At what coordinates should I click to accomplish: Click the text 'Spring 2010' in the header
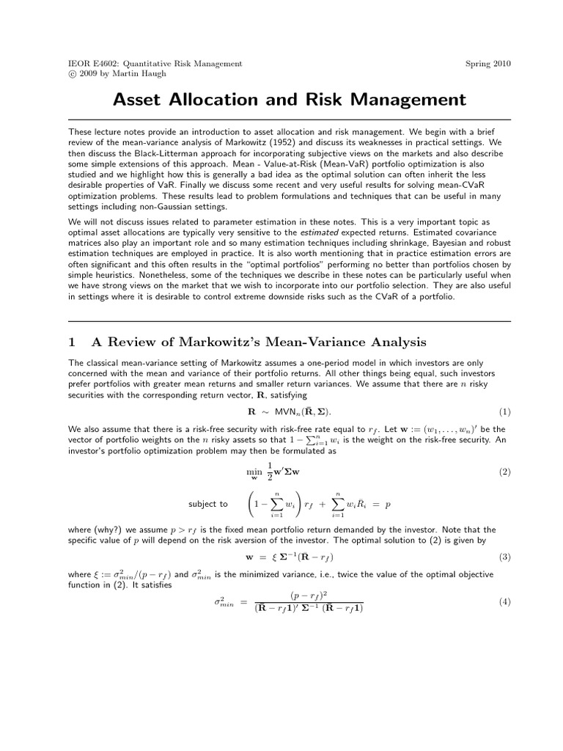pyautogui.click(x=488, y=64)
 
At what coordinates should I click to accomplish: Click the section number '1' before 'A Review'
pyautogui.click(x=72, y=342)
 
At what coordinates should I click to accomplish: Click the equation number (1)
pyautogui.click(x=504, y=411)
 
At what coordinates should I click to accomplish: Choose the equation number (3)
pyautogui.click(x=504, y=557)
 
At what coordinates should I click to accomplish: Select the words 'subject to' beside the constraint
pyautogui.click(x=208, y=505)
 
